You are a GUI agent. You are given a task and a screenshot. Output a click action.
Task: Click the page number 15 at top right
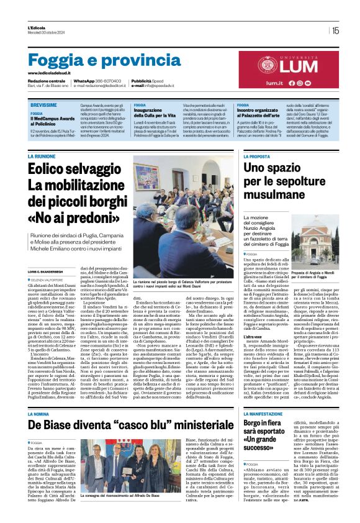point(335,30)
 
